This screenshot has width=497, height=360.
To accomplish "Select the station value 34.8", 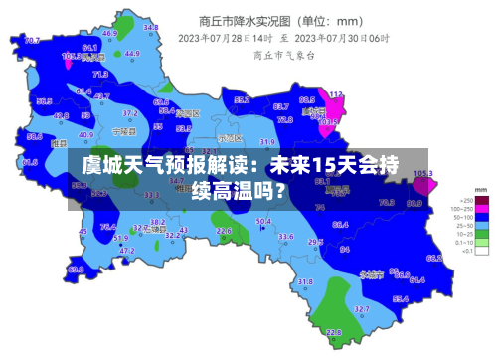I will pyautogui.click(x=151, y=28).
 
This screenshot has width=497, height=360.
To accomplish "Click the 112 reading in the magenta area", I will pyautogui.click(x=336, y=94).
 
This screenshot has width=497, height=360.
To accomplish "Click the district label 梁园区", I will pyautogui.click(x=186, y=113).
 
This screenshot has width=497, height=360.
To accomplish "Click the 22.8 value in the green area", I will pyautogui.click(x=334, y=332).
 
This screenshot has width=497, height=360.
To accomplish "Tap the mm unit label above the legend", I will pyautogui.click(x=481, y=188).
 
